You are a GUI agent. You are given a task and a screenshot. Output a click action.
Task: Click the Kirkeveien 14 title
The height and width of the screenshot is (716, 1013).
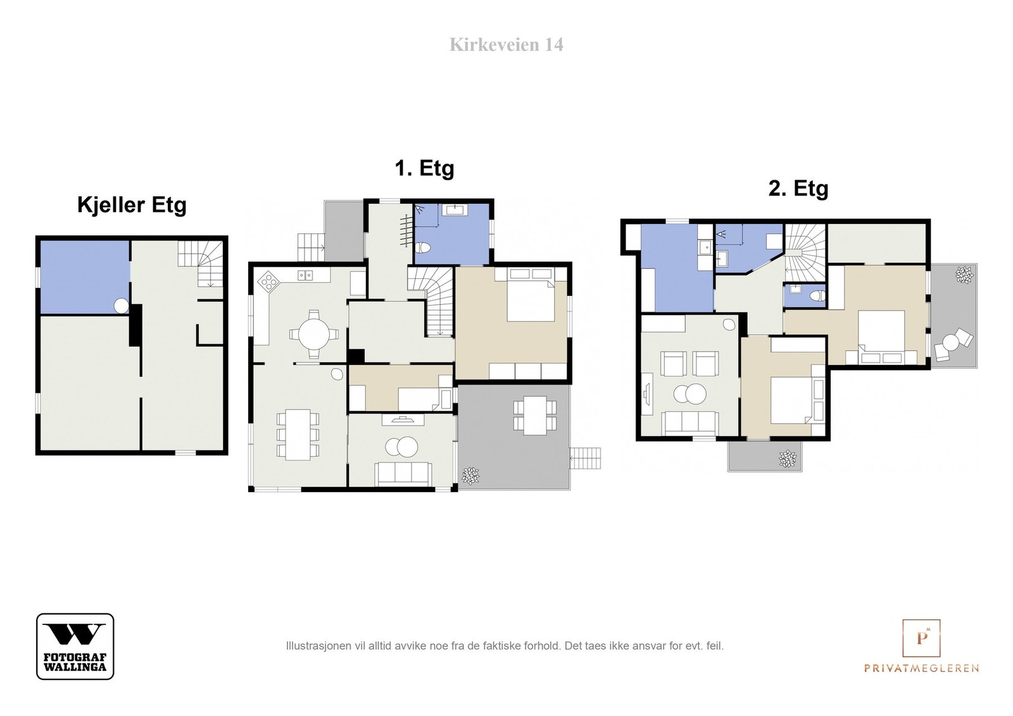tap(506, 45)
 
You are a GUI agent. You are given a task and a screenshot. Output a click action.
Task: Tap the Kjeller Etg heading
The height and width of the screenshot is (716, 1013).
tap(132, 205)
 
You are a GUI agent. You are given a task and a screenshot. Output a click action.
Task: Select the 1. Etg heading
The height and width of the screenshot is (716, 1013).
tap(424, 168)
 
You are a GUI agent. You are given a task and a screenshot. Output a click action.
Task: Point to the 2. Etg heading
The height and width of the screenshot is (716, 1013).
tap(798, 188)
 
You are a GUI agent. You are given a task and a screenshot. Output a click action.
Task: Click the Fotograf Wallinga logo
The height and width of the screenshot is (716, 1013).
tap(75, 646)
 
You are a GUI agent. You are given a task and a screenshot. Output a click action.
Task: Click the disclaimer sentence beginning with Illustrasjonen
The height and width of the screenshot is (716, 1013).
tap(505, 646)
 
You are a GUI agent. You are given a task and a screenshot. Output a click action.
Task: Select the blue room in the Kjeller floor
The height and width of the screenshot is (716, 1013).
tap(85, 277)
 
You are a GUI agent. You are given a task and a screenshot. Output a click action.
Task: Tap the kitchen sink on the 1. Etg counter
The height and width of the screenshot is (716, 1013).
tap(305, 275)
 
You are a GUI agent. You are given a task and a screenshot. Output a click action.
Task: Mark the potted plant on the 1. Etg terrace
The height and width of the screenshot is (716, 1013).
tap(471, 476)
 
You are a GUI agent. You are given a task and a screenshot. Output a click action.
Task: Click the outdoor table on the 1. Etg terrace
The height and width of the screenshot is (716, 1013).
tap(535, 416)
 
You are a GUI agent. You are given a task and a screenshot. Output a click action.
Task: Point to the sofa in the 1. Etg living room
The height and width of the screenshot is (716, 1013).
tap(403, 474)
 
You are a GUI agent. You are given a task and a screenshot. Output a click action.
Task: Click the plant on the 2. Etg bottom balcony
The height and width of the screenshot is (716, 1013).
tap(788, 459)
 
